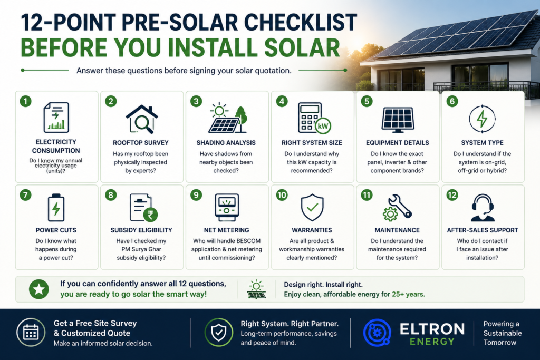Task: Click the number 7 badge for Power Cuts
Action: tap(25, 195)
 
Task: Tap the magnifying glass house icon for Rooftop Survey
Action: tap(141, 119)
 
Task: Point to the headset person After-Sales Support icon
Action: tap(483, 208)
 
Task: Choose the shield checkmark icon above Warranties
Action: tap(312, 208)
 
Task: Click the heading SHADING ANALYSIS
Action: tap(226, 143)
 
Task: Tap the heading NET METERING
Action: tap(226, 230)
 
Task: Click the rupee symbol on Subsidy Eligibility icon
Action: tap(150, 215)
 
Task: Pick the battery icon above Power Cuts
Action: tap(56, 208)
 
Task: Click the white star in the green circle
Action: tap(39, 289)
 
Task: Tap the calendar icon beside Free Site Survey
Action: tap(31, 333)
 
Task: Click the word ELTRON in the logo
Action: tap(432, 329)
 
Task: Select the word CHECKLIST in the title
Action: tap(300, 23)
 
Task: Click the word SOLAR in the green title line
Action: tap(302, 47)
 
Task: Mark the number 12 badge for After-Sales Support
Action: tap(452, 195)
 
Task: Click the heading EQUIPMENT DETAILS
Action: tap(398, 143)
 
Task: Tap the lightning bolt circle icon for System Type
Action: tap(482, 119)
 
